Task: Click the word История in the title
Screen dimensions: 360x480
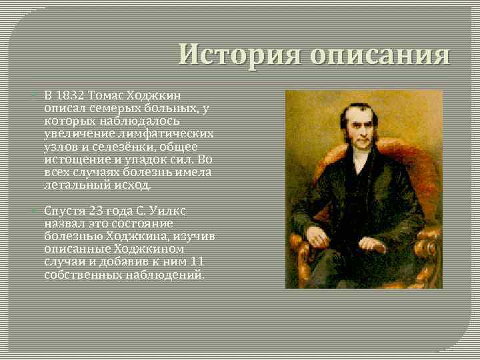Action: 231,55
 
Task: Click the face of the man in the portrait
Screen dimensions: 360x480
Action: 353,131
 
